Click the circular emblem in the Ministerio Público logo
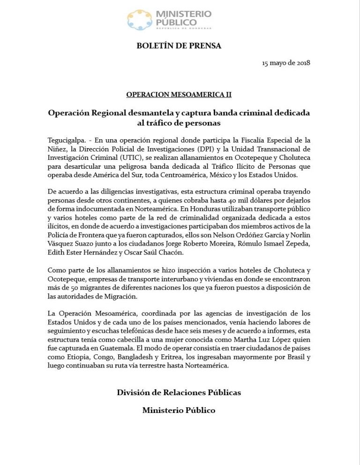[x=140, y=20]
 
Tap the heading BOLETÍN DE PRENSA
[x=179, y=46]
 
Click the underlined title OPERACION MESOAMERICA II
[x=179, y=94]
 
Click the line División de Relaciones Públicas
[x=179, y=392]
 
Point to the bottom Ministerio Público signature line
[x=179, y=410]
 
